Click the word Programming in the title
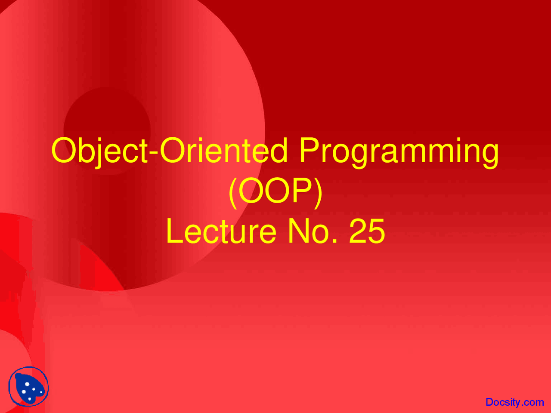click(x=399, y=151)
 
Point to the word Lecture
click(x=221, y=231)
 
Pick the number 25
click(x=367, y=231)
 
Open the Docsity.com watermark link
click(x=514, y=402)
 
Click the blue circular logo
click(x=28, y=386)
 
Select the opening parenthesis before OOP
click(x=232, y=192)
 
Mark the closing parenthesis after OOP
click(x=318, y=192)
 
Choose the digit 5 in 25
click(x=376, y=231)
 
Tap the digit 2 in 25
click(x=358, y=231)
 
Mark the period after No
click(x=334, y=241)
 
